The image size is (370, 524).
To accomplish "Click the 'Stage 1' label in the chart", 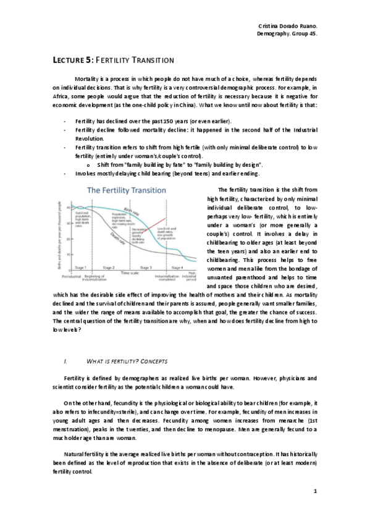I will tap(80, 267).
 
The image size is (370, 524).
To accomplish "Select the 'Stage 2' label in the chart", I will tap(109, 267).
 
